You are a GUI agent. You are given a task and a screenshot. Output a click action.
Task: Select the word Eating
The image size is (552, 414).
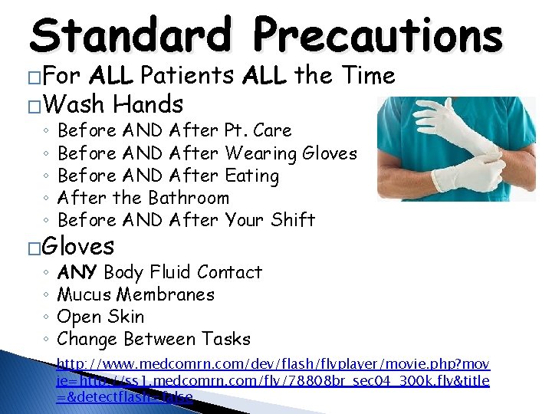coord(251,176)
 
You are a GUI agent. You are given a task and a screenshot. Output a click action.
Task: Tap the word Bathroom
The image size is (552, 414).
coord(188,198)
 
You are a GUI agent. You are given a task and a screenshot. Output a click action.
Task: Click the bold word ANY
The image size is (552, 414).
coord(77,272)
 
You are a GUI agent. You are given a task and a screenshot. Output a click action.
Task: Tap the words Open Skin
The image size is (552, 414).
coord(100,317)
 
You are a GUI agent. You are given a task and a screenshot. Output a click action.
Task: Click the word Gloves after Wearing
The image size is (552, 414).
coord(330,153)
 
